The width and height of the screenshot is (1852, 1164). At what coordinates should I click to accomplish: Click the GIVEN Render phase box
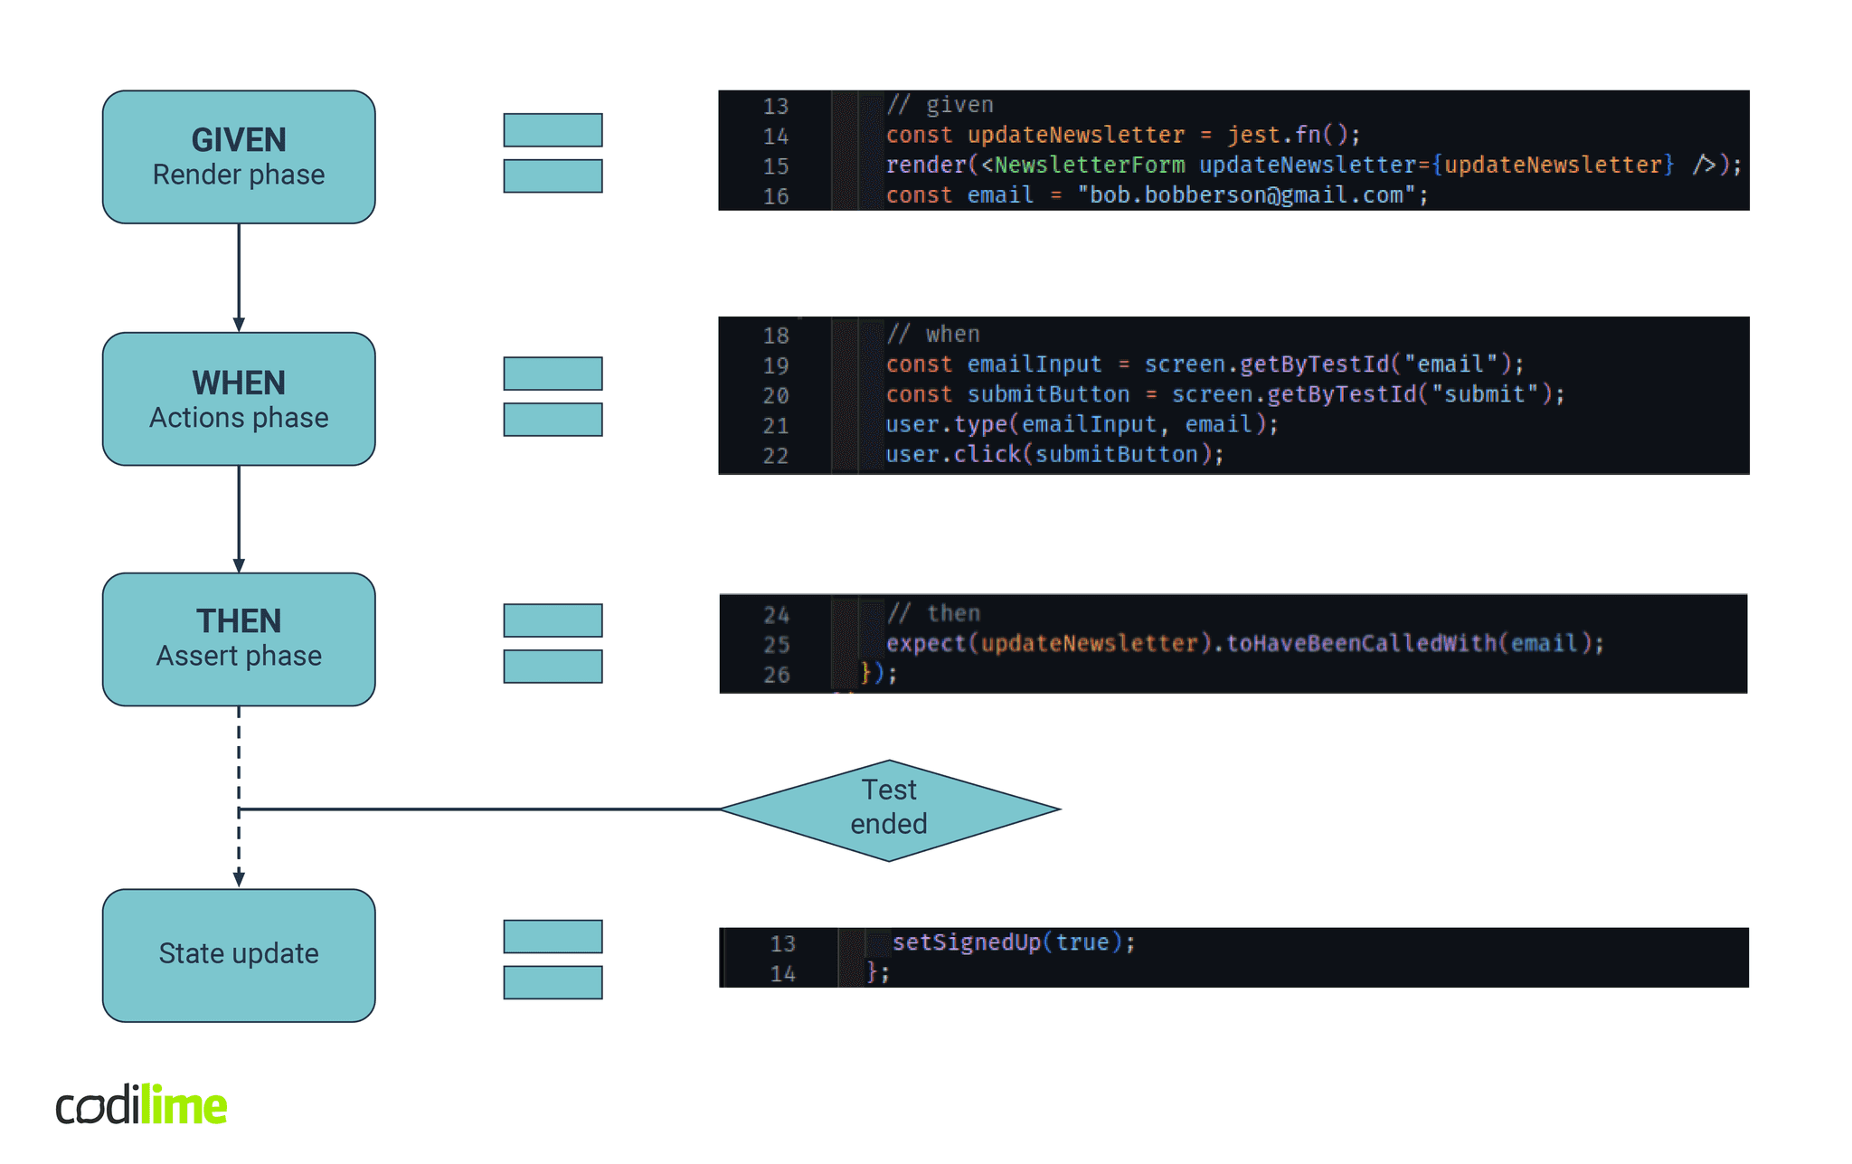pos(239,156)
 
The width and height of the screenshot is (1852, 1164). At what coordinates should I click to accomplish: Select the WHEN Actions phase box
pos(239,399)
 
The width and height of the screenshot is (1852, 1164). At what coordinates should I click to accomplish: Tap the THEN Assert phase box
pos(239,639)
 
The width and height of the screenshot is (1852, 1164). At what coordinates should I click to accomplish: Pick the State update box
pos(239,955)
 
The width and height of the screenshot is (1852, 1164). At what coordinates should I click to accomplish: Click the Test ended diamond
pos(889,809)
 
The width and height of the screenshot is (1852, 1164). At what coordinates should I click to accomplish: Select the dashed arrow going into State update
pos(239,850)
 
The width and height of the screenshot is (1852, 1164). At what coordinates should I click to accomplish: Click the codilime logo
pos(142,1105)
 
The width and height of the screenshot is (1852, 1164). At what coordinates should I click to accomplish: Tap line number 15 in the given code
pos(776,166)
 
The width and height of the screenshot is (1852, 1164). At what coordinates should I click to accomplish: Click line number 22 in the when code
pos(776,456)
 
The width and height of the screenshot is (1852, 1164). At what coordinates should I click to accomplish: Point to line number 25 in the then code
pos(777,645)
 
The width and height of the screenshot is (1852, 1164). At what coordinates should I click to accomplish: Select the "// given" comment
pos(940,105)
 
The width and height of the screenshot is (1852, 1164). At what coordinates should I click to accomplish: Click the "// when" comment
pos(934,335)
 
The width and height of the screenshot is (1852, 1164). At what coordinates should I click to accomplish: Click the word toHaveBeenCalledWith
pos(1361,643)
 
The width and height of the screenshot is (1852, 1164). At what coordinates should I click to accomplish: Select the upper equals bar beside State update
pos(553,936)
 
